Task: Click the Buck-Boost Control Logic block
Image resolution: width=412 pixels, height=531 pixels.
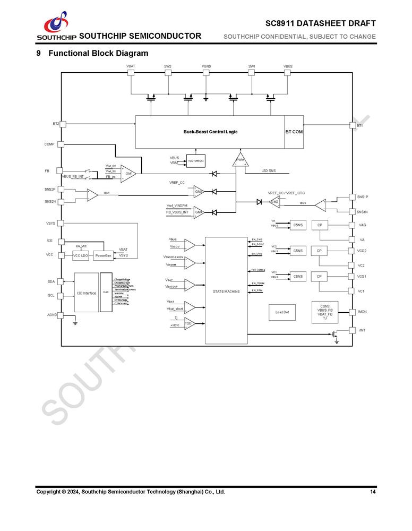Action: tap(210, 132)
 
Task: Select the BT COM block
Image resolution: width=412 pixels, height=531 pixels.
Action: tap(294, 132)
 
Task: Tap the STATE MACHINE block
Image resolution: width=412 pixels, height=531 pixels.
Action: tap(226, 291)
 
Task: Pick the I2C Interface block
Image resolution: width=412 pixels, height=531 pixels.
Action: tap(86, 293)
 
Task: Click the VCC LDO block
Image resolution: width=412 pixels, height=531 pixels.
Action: tap(81, 256)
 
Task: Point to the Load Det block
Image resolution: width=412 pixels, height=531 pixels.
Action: tap(282, 312)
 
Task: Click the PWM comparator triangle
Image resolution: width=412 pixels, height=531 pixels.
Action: tap(241, 161)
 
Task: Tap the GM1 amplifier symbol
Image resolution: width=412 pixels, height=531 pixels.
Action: tap(128, 173)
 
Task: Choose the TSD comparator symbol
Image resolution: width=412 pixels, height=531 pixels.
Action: tap(188, 323)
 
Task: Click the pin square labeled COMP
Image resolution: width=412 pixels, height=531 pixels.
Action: tap(61, 144)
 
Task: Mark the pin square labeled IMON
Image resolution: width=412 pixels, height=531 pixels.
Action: tap(351, 312)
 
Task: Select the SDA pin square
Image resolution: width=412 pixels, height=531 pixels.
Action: tap(61, 281)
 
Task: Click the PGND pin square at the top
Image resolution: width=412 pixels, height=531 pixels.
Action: tap(206, 73)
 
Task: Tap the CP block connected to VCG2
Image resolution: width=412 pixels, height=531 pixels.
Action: tap(319, 251)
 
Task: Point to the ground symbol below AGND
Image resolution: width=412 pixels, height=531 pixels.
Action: tap(75, 323)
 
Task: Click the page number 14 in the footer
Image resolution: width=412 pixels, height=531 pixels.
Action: tap(373, 492)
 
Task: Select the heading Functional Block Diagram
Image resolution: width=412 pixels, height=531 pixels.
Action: tap(98, 53)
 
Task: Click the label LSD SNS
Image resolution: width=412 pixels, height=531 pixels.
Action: tap(269, 171)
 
